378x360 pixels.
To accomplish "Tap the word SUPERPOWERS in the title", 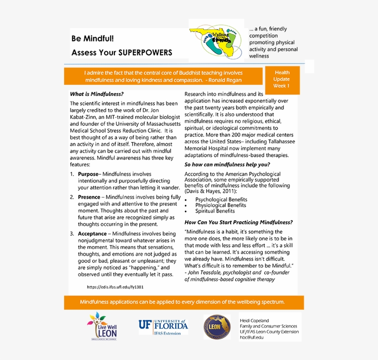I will (145, 53).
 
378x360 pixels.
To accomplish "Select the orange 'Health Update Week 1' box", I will (282, 79).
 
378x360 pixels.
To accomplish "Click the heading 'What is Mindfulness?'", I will (97, 94).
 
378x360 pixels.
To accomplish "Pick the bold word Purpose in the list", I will (88, 174).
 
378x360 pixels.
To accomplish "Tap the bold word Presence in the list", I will (89, 197).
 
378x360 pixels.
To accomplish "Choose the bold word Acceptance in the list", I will (92, 234).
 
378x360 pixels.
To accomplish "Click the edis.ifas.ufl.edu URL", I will (115, 287).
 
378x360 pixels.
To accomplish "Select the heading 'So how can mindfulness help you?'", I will (227, 165).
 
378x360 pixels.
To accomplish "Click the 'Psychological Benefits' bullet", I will (221, 200).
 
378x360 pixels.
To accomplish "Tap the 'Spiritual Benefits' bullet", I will (215, 211).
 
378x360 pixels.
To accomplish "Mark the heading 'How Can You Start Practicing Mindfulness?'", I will (238, 222).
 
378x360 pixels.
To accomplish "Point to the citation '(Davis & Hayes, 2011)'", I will (211, 191).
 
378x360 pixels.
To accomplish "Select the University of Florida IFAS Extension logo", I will (163, 326).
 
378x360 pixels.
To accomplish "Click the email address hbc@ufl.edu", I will (252, 337).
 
